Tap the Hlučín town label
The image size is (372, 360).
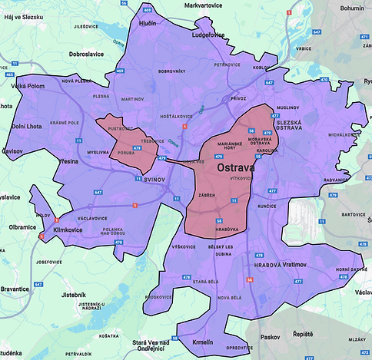point(146,24)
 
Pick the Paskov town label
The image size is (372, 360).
point(271,335)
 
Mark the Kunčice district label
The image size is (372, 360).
point(288,206)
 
